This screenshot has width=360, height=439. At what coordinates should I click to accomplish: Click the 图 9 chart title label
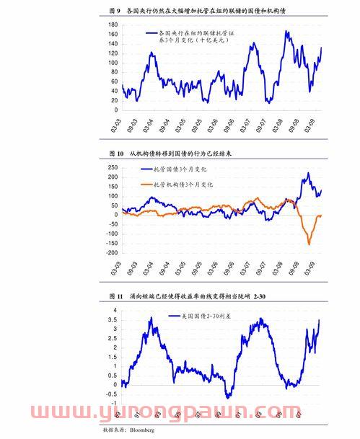tap(114, 12)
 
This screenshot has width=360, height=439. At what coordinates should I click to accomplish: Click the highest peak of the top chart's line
tap(286, 31)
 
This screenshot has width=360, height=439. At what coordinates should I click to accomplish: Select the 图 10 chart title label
tap(115, 154)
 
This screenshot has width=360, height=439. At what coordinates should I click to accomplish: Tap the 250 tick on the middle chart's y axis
tap(112, 166)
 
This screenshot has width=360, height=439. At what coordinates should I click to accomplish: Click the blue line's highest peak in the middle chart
tap(307, 173)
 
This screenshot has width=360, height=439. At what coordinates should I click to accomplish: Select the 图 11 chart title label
tap(115, 296)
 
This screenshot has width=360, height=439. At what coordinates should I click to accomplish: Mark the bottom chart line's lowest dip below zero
tap(228, 396)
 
